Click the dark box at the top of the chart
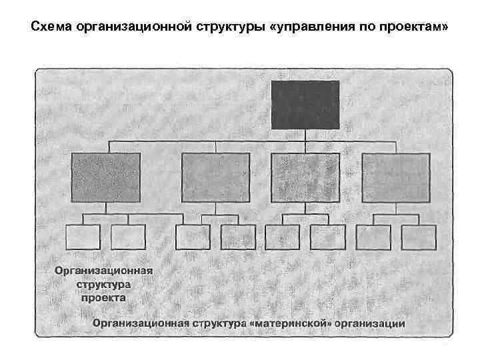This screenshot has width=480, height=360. [305, 104]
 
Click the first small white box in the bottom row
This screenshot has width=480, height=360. [83, 237]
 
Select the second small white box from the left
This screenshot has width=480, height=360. [128, 237]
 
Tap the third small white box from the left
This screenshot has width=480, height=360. [193, 237]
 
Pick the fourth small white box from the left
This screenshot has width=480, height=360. [238, 237]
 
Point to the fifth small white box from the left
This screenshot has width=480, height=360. [283, 237]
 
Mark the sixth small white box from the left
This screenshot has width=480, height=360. [327, 237]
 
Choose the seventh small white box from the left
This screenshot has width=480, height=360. [373, 237]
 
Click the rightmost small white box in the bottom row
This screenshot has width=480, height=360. [419, 237]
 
